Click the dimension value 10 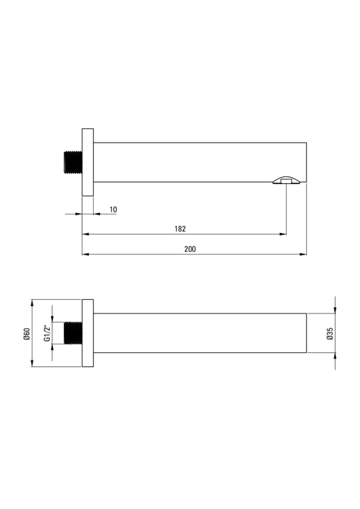click(113, 210)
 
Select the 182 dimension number click(180, 229)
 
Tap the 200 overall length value click(190, 249)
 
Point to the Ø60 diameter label click(26, 334)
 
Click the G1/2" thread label click(47, 333)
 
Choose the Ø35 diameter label click(330, 333)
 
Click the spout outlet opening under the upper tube click(286, 181)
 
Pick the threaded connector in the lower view click(73, 333)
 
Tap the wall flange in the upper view click(88, 162)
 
